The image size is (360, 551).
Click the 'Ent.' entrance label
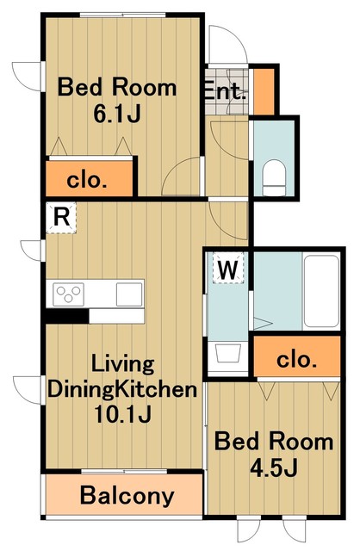click(x=226, y=91)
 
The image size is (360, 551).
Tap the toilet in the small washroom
click(x=274, y=176)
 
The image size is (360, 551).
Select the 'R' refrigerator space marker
click(x=60, y=217)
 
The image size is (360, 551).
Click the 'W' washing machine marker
click(x=227, y=269)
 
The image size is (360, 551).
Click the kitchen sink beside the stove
click(x=128, y=294)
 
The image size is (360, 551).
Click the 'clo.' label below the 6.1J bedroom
click(x=89, y=181)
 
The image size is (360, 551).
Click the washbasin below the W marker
click(x=228, y=353)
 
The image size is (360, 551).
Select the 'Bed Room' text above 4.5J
click(x=273, y=442)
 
